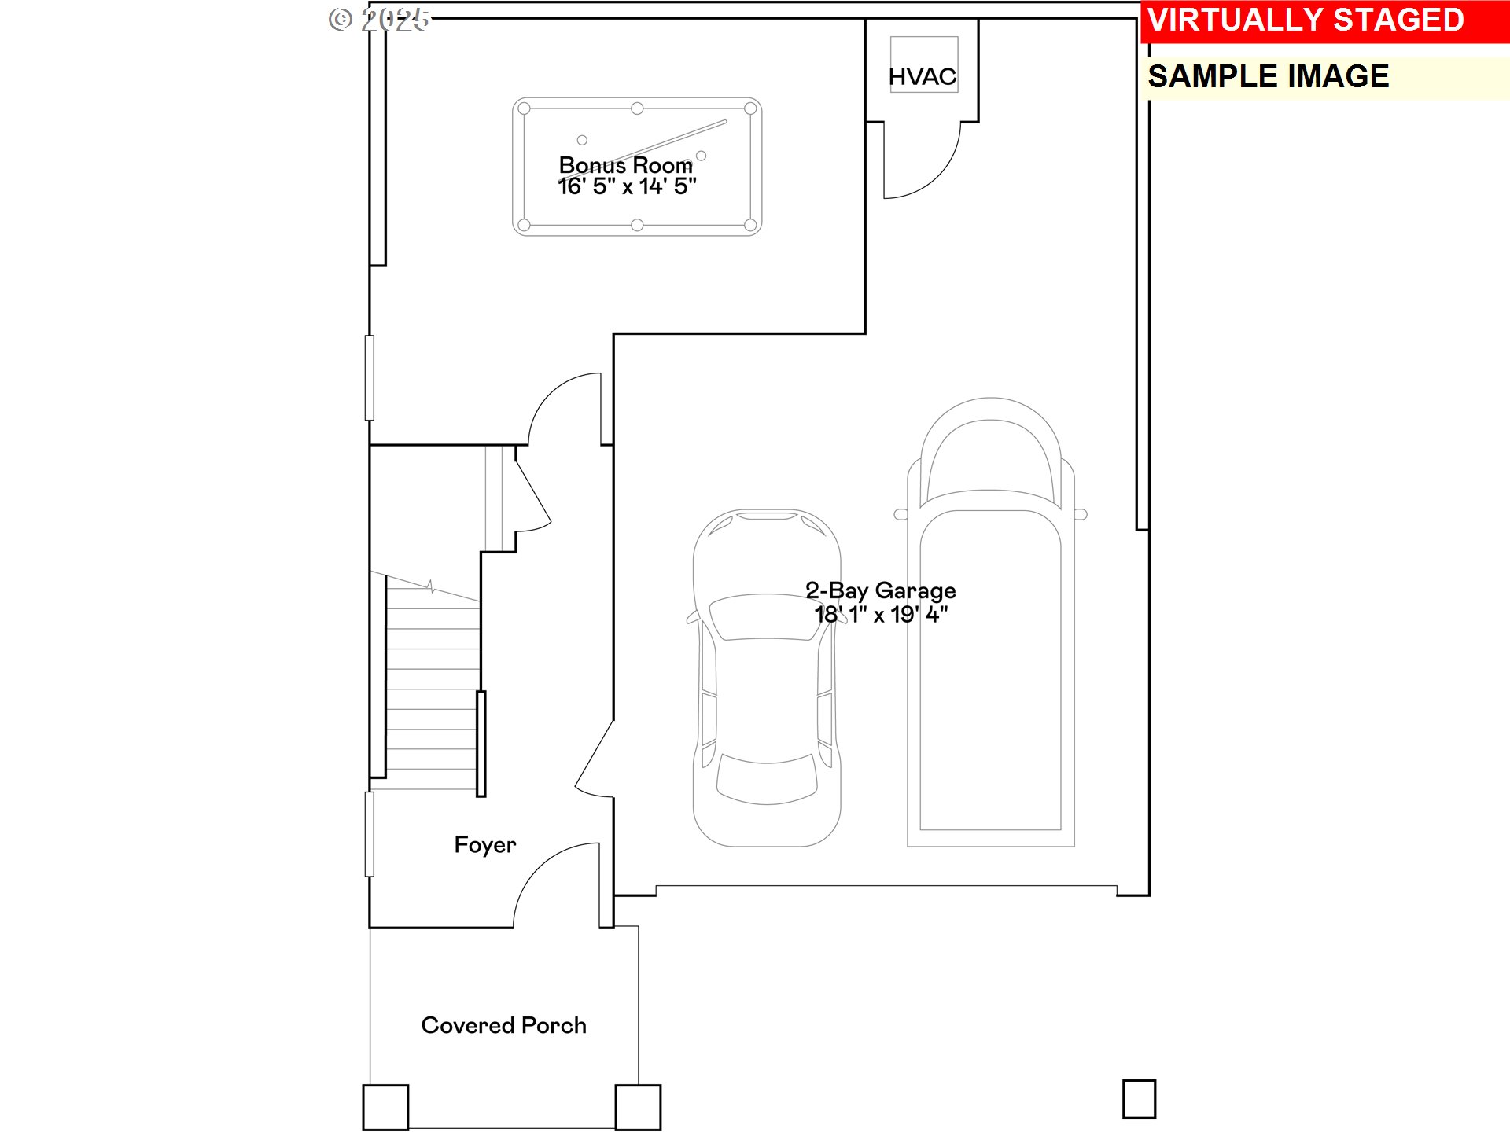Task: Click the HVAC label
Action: (923, 76)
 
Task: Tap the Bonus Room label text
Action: (625, 165)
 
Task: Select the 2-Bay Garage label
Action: (880, 590)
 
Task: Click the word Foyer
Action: (484, 845)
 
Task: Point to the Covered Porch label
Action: (503, 1025)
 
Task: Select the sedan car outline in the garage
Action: (766, 707)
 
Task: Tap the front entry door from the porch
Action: (554, 880)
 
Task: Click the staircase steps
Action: (432, 692)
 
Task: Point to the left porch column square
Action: (385, 1107)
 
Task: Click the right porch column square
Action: (638, 1107)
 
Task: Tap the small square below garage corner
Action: (1139, 1099)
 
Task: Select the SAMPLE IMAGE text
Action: (1268, 77)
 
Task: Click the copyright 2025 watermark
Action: (380, 19)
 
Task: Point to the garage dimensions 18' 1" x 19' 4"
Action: (880, 615)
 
